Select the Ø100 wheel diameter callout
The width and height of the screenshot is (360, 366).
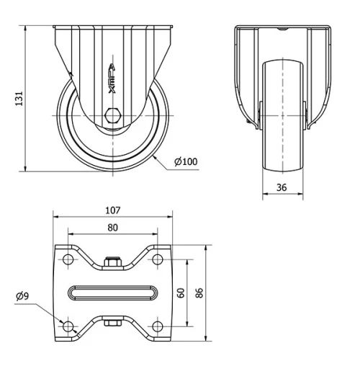[x=186, y=161]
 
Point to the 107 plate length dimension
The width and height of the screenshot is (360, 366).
[x=112, y=211]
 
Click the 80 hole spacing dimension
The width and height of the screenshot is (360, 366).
[x=112, y=227]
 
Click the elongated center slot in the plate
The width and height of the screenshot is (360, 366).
[x=112, y=293]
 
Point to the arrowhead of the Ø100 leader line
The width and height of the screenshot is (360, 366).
[x=156, y=153]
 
